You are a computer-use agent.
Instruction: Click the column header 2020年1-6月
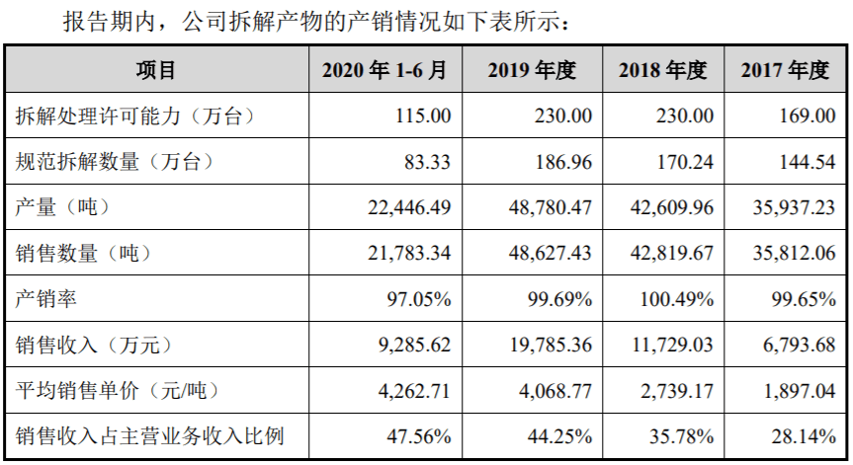[384, 70]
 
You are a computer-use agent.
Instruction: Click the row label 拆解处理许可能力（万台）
[136, 116]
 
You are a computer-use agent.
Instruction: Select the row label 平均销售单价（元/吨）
[117, 390]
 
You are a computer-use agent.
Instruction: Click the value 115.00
[424, 116]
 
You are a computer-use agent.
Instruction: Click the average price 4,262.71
[414, 390]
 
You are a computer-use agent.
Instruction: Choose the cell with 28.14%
[804, 435]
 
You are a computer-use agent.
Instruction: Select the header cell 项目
[156, 70]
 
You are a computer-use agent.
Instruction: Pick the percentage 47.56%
[420, 435]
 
